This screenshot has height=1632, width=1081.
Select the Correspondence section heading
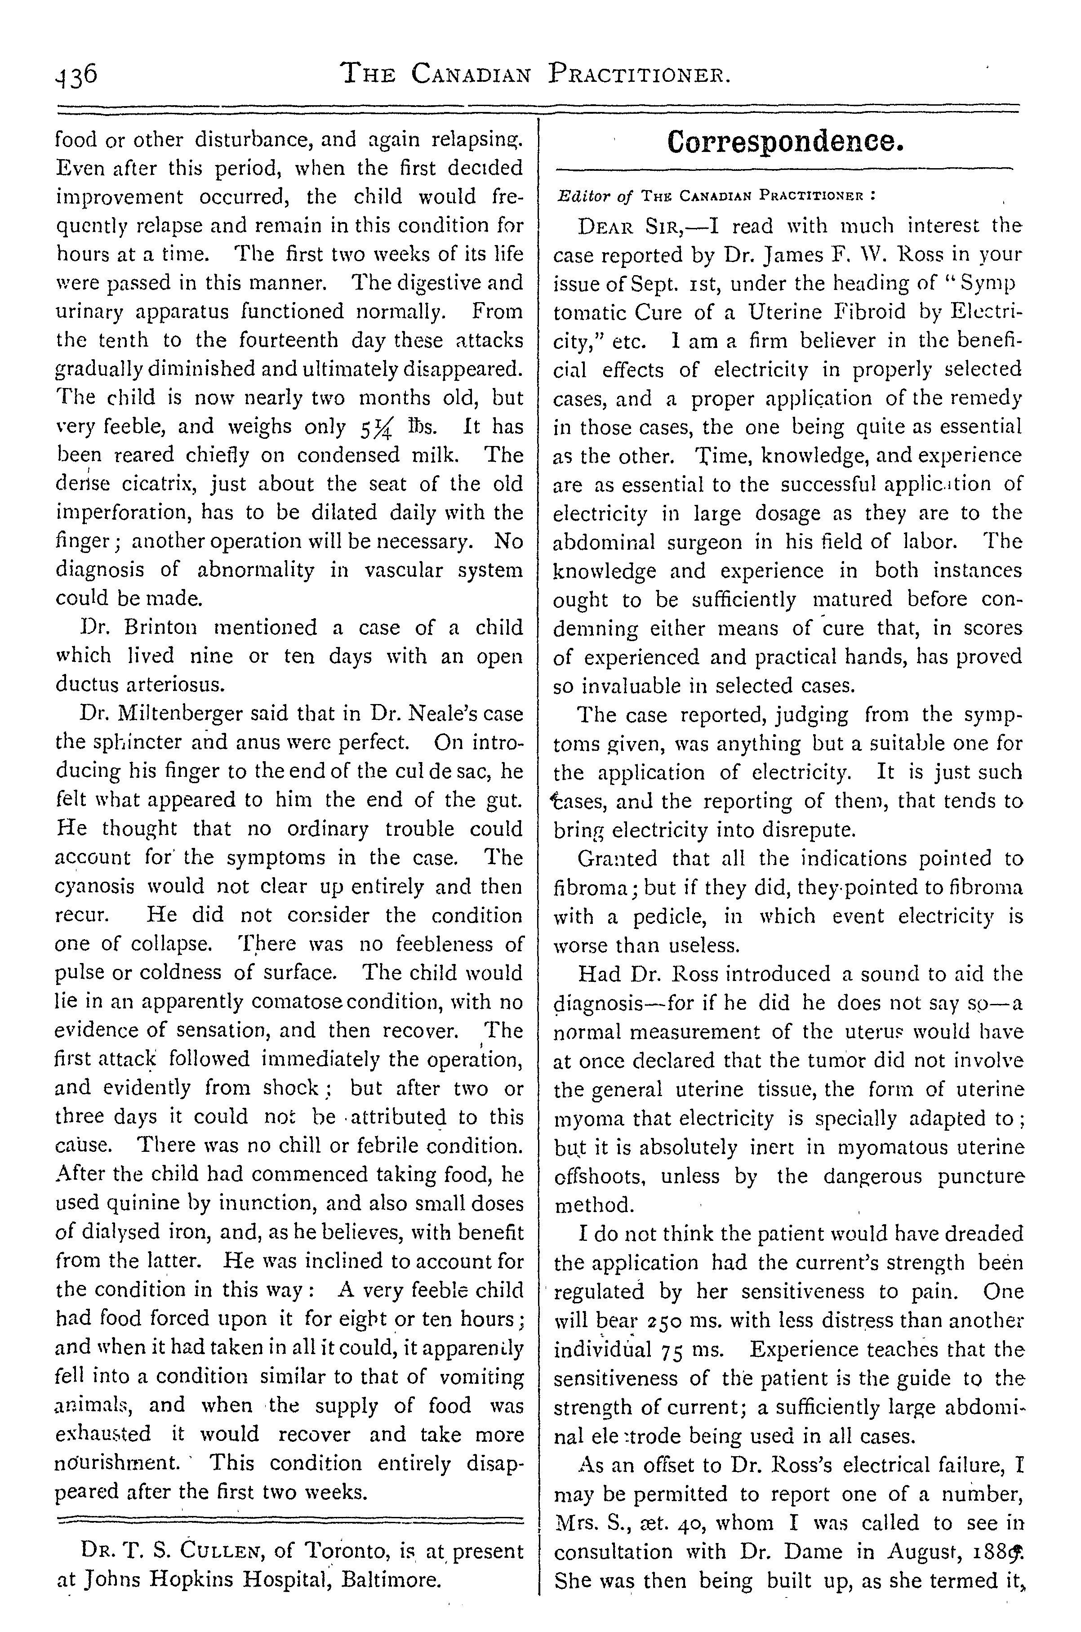(x=784, y=142)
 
